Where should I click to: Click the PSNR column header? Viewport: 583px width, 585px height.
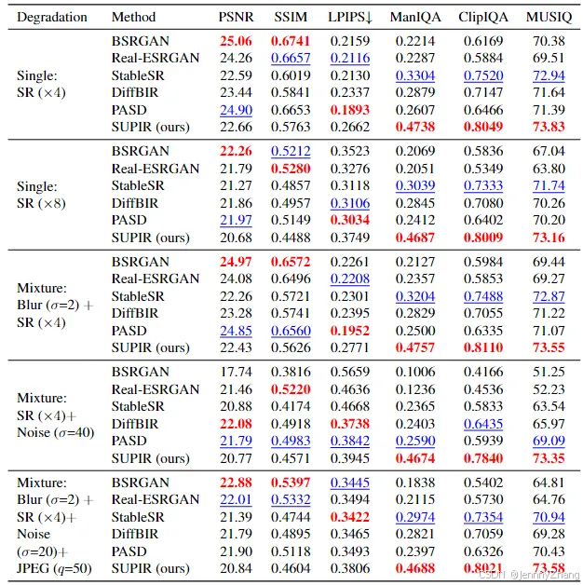click(237, 18)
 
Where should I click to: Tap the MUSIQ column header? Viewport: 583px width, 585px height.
click(549, 18)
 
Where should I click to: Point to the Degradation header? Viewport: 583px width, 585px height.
click(52, 18)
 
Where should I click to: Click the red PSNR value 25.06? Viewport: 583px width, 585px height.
click(237, 41)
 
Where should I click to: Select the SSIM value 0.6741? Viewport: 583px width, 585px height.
click(291, 41)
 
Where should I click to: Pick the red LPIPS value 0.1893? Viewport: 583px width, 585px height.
click(349, 110)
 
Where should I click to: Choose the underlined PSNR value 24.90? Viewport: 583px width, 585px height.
click(237, 110)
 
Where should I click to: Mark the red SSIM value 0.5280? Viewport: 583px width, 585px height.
click(291, 169)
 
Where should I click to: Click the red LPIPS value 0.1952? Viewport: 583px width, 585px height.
click(349, 331)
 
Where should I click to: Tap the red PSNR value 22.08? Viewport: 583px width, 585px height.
click(237, 424)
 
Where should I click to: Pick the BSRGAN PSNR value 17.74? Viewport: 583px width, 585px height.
click(237, 372)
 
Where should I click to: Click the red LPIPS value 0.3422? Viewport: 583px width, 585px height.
click(349, 517)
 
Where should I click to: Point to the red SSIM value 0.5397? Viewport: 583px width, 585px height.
click(291, 483)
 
